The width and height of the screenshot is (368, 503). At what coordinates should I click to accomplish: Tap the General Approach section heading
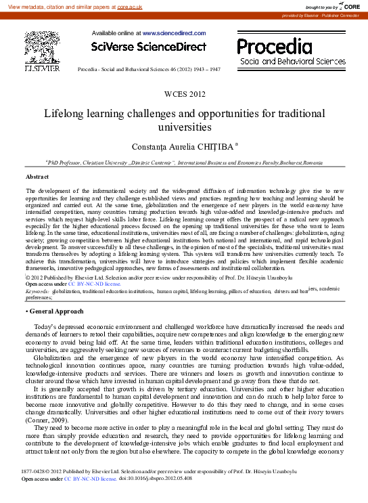[x=56, y=311]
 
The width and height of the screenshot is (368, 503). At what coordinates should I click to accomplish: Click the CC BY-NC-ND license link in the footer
[x=90, y=497]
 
